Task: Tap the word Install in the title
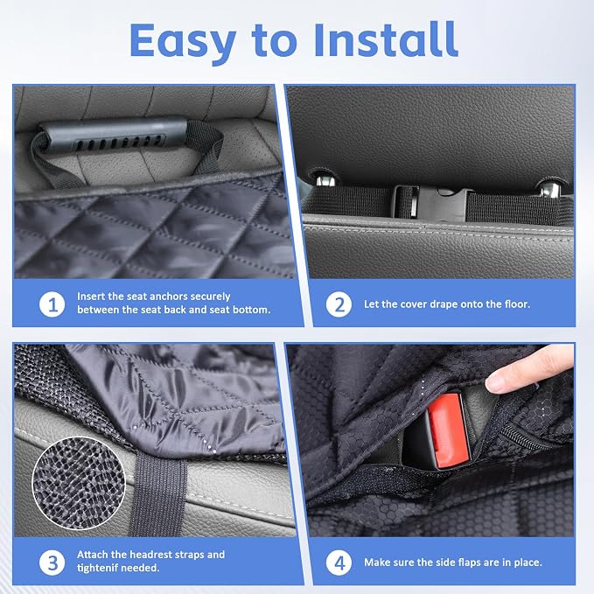point(386,39)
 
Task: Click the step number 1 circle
point(52,304)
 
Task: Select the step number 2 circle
point(339,304)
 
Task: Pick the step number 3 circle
point(52,563)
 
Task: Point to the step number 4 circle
point(339,563)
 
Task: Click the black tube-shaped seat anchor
point(113,135)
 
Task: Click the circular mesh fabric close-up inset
point(79,483)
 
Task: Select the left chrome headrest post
point(325,180)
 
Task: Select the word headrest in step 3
point(151,555)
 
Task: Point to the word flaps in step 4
point(456,563)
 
